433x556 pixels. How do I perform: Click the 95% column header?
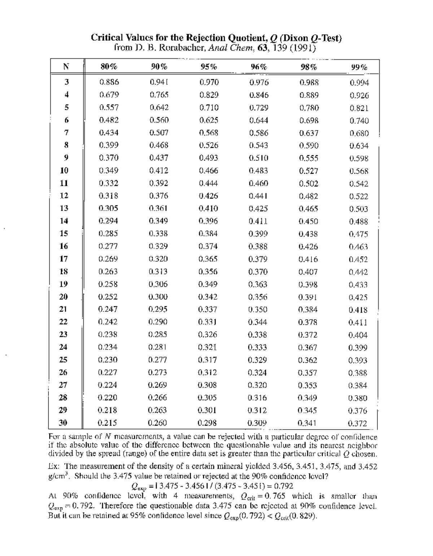tap(209, 67)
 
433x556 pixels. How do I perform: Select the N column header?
tap(66, 66)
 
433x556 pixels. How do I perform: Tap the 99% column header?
tap(359, 67)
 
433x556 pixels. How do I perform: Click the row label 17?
tap(64, 259)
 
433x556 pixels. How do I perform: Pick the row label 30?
tap(64, 423)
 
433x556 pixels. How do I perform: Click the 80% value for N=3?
tap(109, 82)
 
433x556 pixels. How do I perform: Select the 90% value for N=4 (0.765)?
tap(159, 95)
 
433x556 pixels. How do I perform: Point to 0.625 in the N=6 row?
tap(209, 120)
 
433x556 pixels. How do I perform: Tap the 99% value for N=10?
tap(359, 171)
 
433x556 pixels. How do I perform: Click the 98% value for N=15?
tap(309, 234)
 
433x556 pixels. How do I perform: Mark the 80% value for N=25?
tap(108, 360)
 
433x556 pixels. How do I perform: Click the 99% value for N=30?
tap(358, 423)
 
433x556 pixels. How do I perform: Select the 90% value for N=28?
tap(158, 397)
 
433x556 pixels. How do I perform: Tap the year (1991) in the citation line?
tap(301, 48)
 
